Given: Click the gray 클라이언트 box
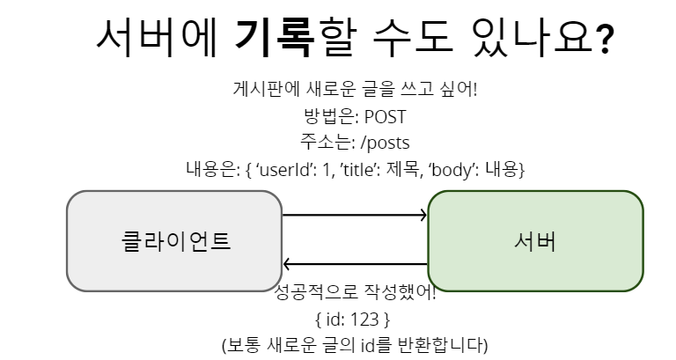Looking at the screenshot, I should (x=174, y=241).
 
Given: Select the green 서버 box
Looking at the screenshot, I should (x=535, y=241).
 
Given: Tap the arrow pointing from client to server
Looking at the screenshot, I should (x=355, y=215).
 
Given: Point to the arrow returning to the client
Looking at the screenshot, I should (x=355, y=263).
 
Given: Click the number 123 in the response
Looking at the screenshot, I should (x=365, y=317).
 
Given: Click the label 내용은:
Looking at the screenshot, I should (x=213, y=169).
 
